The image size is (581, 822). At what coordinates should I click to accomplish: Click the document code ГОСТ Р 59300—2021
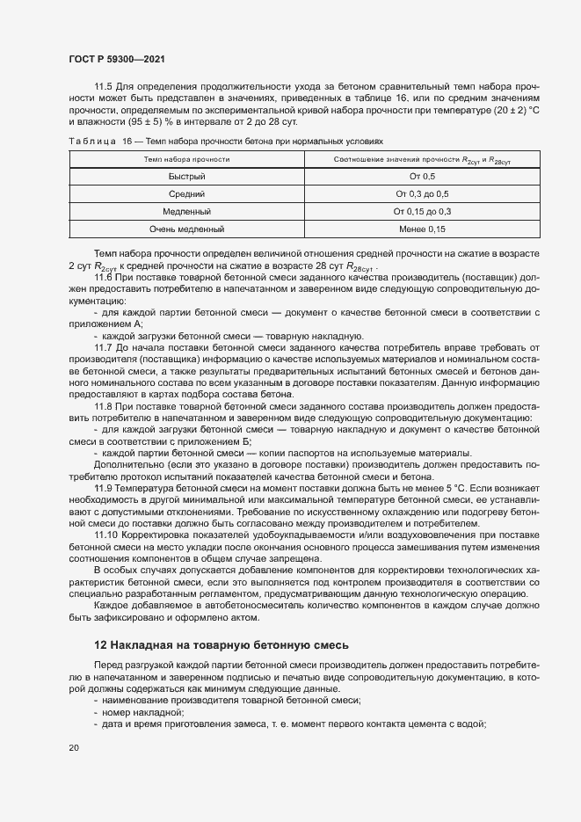coord(117,59)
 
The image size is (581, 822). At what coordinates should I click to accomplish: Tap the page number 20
coord(74,747)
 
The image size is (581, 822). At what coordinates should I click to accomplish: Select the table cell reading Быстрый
coord(186,177)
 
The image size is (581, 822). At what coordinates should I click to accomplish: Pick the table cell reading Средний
coord(186,193)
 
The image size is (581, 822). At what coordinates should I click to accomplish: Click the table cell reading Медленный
coord(186,211)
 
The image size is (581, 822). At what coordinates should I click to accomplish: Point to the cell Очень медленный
coord(186,229)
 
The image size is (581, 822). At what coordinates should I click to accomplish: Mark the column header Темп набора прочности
coord(186,159)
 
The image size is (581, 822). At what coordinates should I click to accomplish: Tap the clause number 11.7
coord(104,348)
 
